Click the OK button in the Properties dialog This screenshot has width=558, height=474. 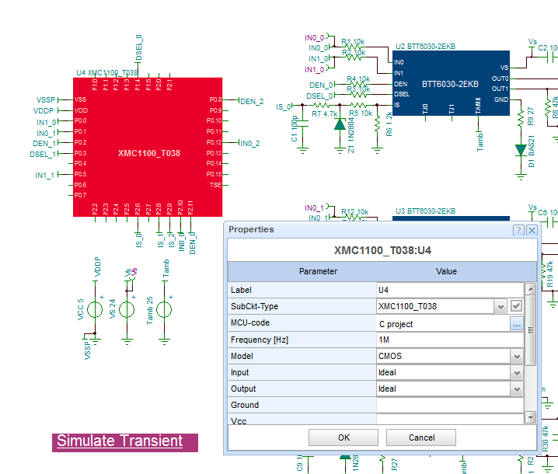point(344,437)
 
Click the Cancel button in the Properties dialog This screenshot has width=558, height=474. point(421,437)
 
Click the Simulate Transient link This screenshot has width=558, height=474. point(120,441)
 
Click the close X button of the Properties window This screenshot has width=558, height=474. point(532,230)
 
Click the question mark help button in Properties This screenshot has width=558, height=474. point(518,230)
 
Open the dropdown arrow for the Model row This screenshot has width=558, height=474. point(517,356)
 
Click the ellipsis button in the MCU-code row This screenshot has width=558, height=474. point(517,323)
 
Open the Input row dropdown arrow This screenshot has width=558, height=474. point(517,372)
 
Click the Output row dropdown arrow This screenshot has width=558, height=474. point(517,389)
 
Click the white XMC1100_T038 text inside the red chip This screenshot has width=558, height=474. point(149,153)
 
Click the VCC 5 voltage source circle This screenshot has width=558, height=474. point(95,308)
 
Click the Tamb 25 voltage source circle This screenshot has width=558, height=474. point(165,308)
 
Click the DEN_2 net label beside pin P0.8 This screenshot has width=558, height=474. point(252,101)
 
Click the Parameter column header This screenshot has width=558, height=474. point(319,271)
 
